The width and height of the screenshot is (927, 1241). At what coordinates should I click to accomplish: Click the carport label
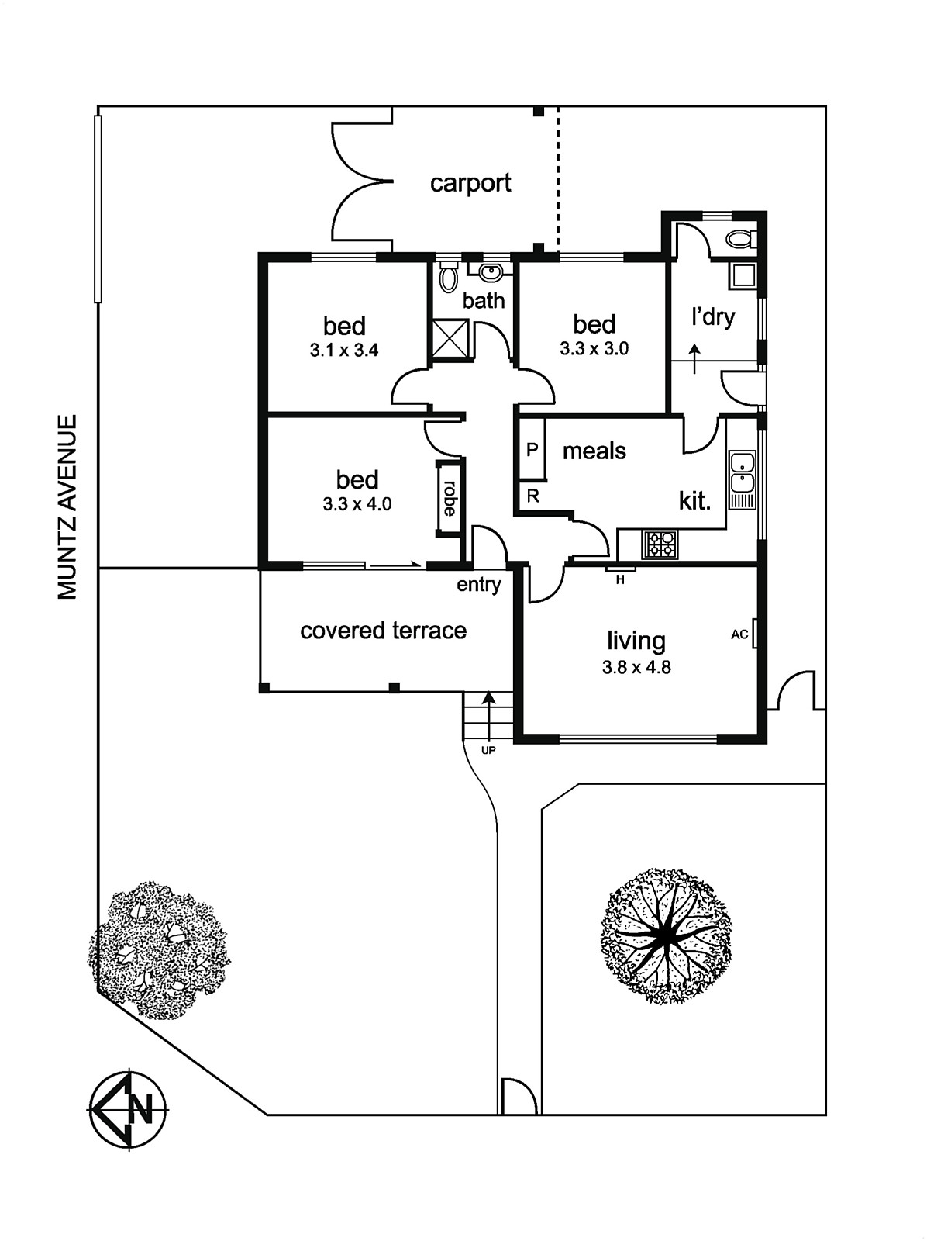pyautogui.click(x=470, y=184)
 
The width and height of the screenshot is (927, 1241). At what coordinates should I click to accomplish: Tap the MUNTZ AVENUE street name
pyautogui.click(x=68, y=507)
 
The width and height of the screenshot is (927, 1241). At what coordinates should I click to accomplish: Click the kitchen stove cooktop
pyautogui.click(x=660, y=544)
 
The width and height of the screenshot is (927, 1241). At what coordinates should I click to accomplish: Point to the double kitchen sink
pyautogui.click(x=742, y=472)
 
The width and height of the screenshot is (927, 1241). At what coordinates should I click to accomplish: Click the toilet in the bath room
pyautogui.click(x=448, y=277)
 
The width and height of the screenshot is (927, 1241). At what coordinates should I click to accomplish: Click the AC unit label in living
pyautogui.click(x=739, y=634)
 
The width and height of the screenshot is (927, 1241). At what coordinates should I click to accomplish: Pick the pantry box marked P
pyautogui.click(x=532, y=450)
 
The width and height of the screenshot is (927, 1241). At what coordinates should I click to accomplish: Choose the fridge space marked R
pyautogui.click(x=532, y=496)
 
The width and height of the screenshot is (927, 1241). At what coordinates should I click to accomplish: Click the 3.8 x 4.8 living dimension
pyautogui.click(x=636, y=668)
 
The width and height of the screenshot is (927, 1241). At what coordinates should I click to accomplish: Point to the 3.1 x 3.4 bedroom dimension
pyautogui.click(x=344, y=351)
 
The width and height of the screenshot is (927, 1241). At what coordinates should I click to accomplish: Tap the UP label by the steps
pyautogui.click(x=488, y=751)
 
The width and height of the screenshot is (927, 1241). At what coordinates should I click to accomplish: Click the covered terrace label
pyautogui.click(x=383, y=631)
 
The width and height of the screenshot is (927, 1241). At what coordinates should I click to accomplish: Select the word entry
pyautogui.click(x=479, y=585)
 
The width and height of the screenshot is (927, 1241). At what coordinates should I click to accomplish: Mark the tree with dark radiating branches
pyautogui.click(x=665, y=935)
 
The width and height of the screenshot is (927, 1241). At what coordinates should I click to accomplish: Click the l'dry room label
pyautogui.click(x=713, y=317)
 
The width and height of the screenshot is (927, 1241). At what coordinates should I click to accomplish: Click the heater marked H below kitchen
pyautogui.click(x=620, y=579)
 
